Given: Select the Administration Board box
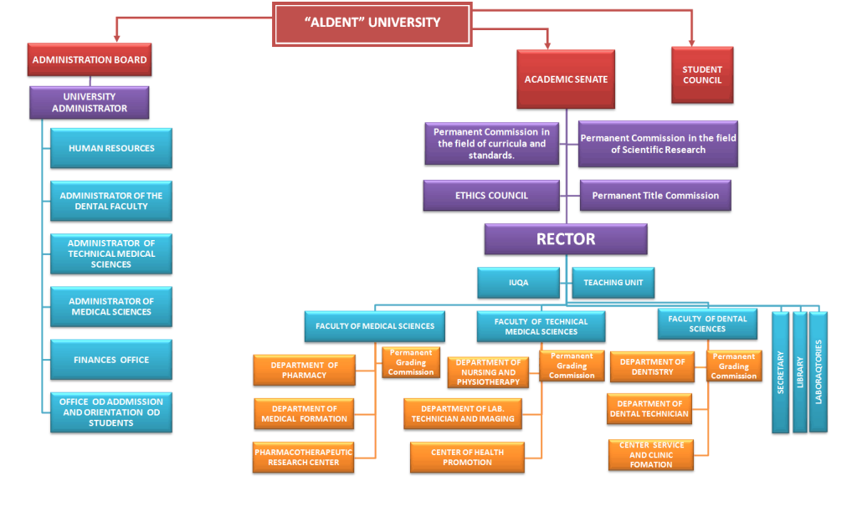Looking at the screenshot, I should pyautogui.click(x=90, y=60).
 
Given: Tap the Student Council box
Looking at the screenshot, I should pyautogui.click(x=702, y=75).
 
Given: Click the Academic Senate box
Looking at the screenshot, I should pyautogui.click(x=566, y=79).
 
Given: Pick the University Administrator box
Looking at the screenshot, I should pyautogui.click(x=90, y=102).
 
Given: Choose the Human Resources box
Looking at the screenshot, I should pyautogui.click(x=111, y=148).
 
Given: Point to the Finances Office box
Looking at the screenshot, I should pyautogui.click(x=111, y=360).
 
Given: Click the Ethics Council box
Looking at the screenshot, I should pyautogui.click(x=491, y=196).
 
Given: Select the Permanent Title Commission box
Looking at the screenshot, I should pyautogui.click(x=655, y=196).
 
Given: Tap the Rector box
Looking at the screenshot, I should pyautogui.click(x=566, y=239).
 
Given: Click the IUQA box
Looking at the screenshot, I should pyautogui.click(x=519, y=283).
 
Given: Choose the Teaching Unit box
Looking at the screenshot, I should pyautogui.click(x=613, y=283).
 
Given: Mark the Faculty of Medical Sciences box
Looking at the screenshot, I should pyautogui.click(x=375, y=326).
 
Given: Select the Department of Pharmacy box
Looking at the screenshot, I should pyautogui.click(x=305, y=370).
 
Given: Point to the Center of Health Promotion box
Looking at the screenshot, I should pyautogui.click(x=468, y=458).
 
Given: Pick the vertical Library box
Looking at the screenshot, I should pyautogui.click(x=800, y=371).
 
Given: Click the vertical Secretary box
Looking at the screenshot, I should pyautogui.click(x=780, y=371).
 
